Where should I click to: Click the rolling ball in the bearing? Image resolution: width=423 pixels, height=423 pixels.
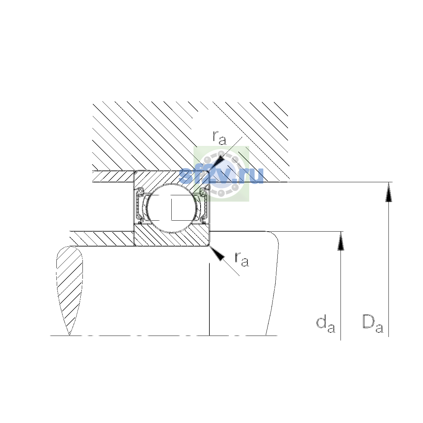(172, 208)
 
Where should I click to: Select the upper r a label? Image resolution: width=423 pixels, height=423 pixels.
(219, 138)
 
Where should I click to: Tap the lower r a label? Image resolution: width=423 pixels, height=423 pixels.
(242, 259)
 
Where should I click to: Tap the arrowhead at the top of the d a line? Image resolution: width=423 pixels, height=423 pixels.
(341, 241)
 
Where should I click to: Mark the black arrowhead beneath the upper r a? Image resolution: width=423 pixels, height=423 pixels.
(217, 163)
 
